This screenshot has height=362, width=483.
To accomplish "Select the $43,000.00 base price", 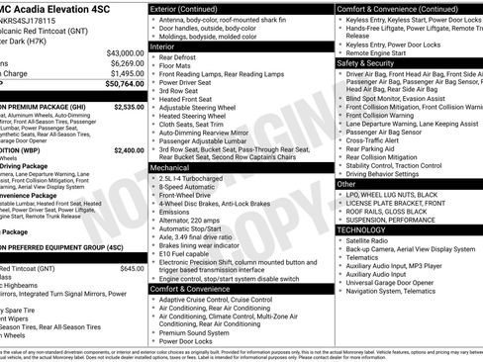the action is (125, 52).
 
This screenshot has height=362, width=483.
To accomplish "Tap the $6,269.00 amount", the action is (127, 62).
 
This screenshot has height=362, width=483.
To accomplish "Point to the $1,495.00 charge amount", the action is (127, 73).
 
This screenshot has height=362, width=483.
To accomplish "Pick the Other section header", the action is (347, 184).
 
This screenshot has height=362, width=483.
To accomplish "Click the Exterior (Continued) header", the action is (197, 8).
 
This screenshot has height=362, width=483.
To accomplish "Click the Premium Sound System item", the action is (202, 333).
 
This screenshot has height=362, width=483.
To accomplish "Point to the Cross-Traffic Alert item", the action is (382, 139).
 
